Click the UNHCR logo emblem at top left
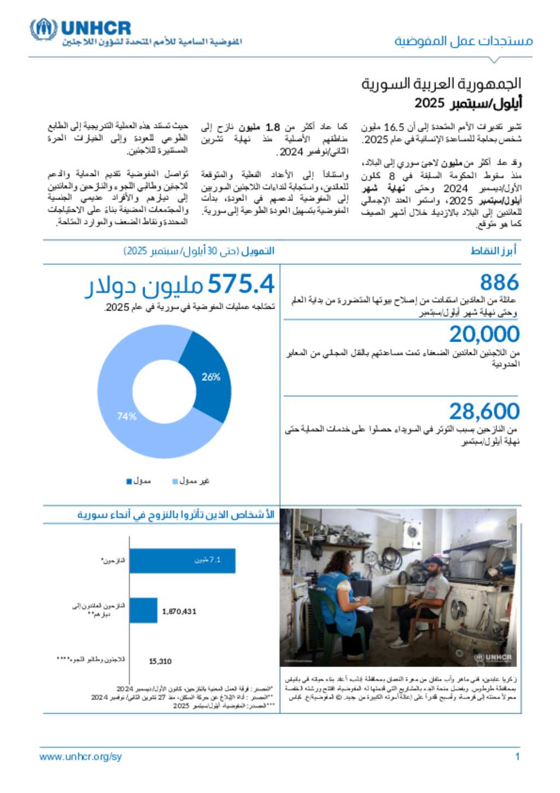pos(43,29)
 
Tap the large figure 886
pos(499,282)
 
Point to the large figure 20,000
pos(484,334)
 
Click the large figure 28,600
pos(484,411)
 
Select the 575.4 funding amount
pos(241,285)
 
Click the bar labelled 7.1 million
pos(182,560)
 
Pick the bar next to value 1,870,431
pos(143,610)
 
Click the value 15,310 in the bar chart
pos(160,661)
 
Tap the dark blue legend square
pos(129,481)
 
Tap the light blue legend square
pos(175,481)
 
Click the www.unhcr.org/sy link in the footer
pos(80,756)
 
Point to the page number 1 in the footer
pos(517,756)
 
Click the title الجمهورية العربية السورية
pos(441,84)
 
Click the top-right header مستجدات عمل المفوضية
pos(463,41)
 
